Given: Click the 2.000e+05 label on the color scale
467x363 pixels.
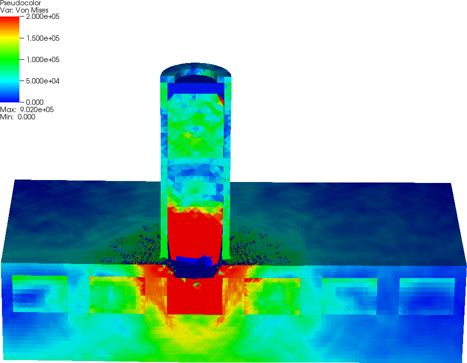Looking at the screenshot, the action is click(43, 16).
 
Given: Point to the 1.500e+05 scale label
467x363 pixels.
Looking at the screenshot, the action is click(43, 38).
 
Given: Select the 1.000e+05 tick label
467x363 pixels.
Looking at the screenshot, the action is click(43, 60).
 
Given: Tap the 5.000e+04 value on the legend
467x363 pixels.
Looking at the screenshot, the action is click(43, 81).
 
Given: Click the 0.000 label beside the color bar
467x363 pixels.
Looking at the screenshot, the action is click(34, 102).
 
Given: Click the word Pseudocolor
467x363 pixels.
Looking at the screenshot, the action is click(20, 3).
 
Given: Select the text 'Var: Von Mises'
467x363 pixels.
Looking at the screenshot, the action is click(24, 10).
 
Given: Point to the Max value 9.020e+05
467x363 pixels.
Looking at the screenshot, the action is click(27, 110).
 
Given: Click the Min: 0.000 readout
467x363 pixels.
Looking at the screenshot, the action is click(17, 117).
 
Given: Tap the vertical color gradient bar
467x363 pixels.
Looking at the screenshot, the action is click(10, 59).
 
